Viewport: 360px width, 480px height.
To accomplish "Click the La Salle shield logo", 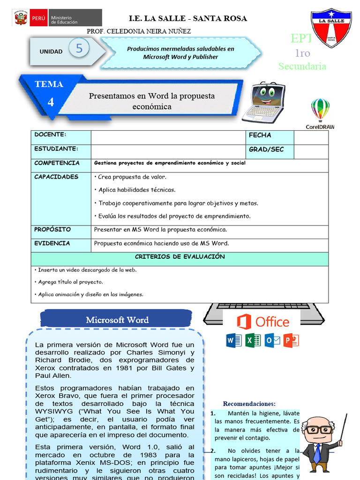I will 333,28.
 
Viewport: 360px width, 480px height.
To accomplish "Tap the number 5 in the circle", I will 79,48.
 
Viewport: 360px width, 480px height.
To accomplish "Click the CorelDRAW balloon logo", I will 320,110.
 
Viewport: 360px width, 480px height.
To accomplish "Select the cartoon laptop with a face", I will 264,102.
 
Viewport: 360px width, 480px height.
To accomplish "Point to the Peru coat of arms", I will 21,19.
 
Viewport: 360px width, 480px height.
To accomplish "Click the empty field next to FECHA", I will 311,137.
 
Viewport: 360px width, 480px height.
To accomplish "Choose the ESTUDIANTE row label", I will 56,149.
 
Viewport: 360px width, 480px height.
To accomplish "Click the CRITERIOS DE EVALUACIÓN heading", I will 180,257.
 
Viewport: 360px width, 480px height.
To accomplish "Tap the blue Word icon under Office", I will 234,340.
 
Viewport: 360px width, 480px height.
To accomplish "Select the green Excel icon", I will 253,340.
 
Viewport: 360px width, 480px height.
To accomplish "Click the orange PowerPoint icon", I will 291,340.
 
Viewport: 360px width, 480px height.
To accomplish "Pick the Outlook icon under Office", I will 272,340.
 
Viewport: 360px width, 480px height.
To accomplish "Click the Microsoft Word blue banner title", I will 117,320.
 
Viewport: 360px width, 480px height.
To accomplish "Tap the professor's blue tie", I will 318,453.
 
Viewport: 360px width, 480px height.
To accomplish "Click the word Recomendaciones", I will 249,404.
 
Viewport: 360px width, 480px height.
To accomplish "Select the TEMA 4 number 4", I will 51,102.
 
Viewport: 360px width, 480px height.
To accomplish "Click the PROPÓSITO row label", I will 52,230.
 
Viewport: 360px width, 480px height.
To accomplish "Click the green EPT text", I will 300,38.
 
